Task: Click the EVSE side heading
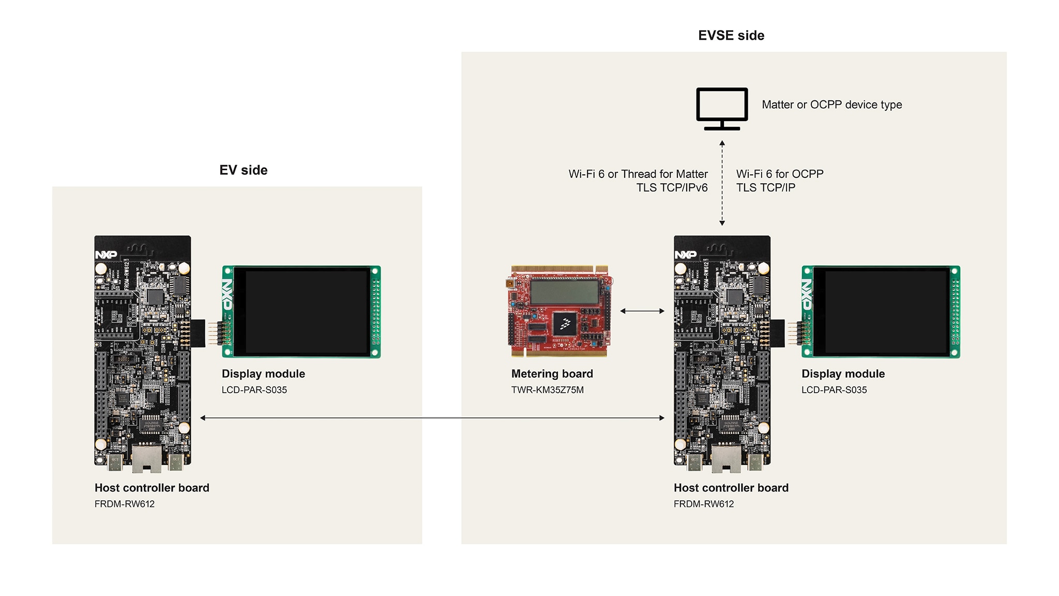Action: pos(731,36)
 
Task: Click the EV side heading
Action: pos(243,170)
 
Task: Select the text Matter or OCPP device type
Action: pos(831,105)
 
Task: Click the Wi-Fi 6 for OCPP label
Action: pos(780,174)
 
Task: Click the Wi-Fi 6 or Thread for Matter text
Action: pos(638,174)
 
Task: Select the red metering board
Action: pos(558,311)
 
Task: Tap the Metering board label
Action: pos(552,374)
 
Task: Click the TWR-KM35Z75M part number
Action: pos(547,390)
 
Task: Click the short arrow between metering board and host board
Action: pos(642,311)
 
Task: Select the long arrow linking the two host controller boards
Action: pos(432,418)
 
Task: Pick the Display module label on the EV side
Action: pos(263,374)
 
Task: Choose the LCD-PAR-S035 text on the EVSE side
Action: pos(834,390)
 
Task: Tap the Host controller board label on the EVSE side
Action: pos(731,488)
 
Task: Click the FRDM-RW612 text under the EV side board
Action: pos(125,504)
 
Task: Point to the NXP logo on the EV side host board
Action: pos(106,255)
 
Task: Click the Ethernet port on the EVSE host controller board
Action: pos(726,459)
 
